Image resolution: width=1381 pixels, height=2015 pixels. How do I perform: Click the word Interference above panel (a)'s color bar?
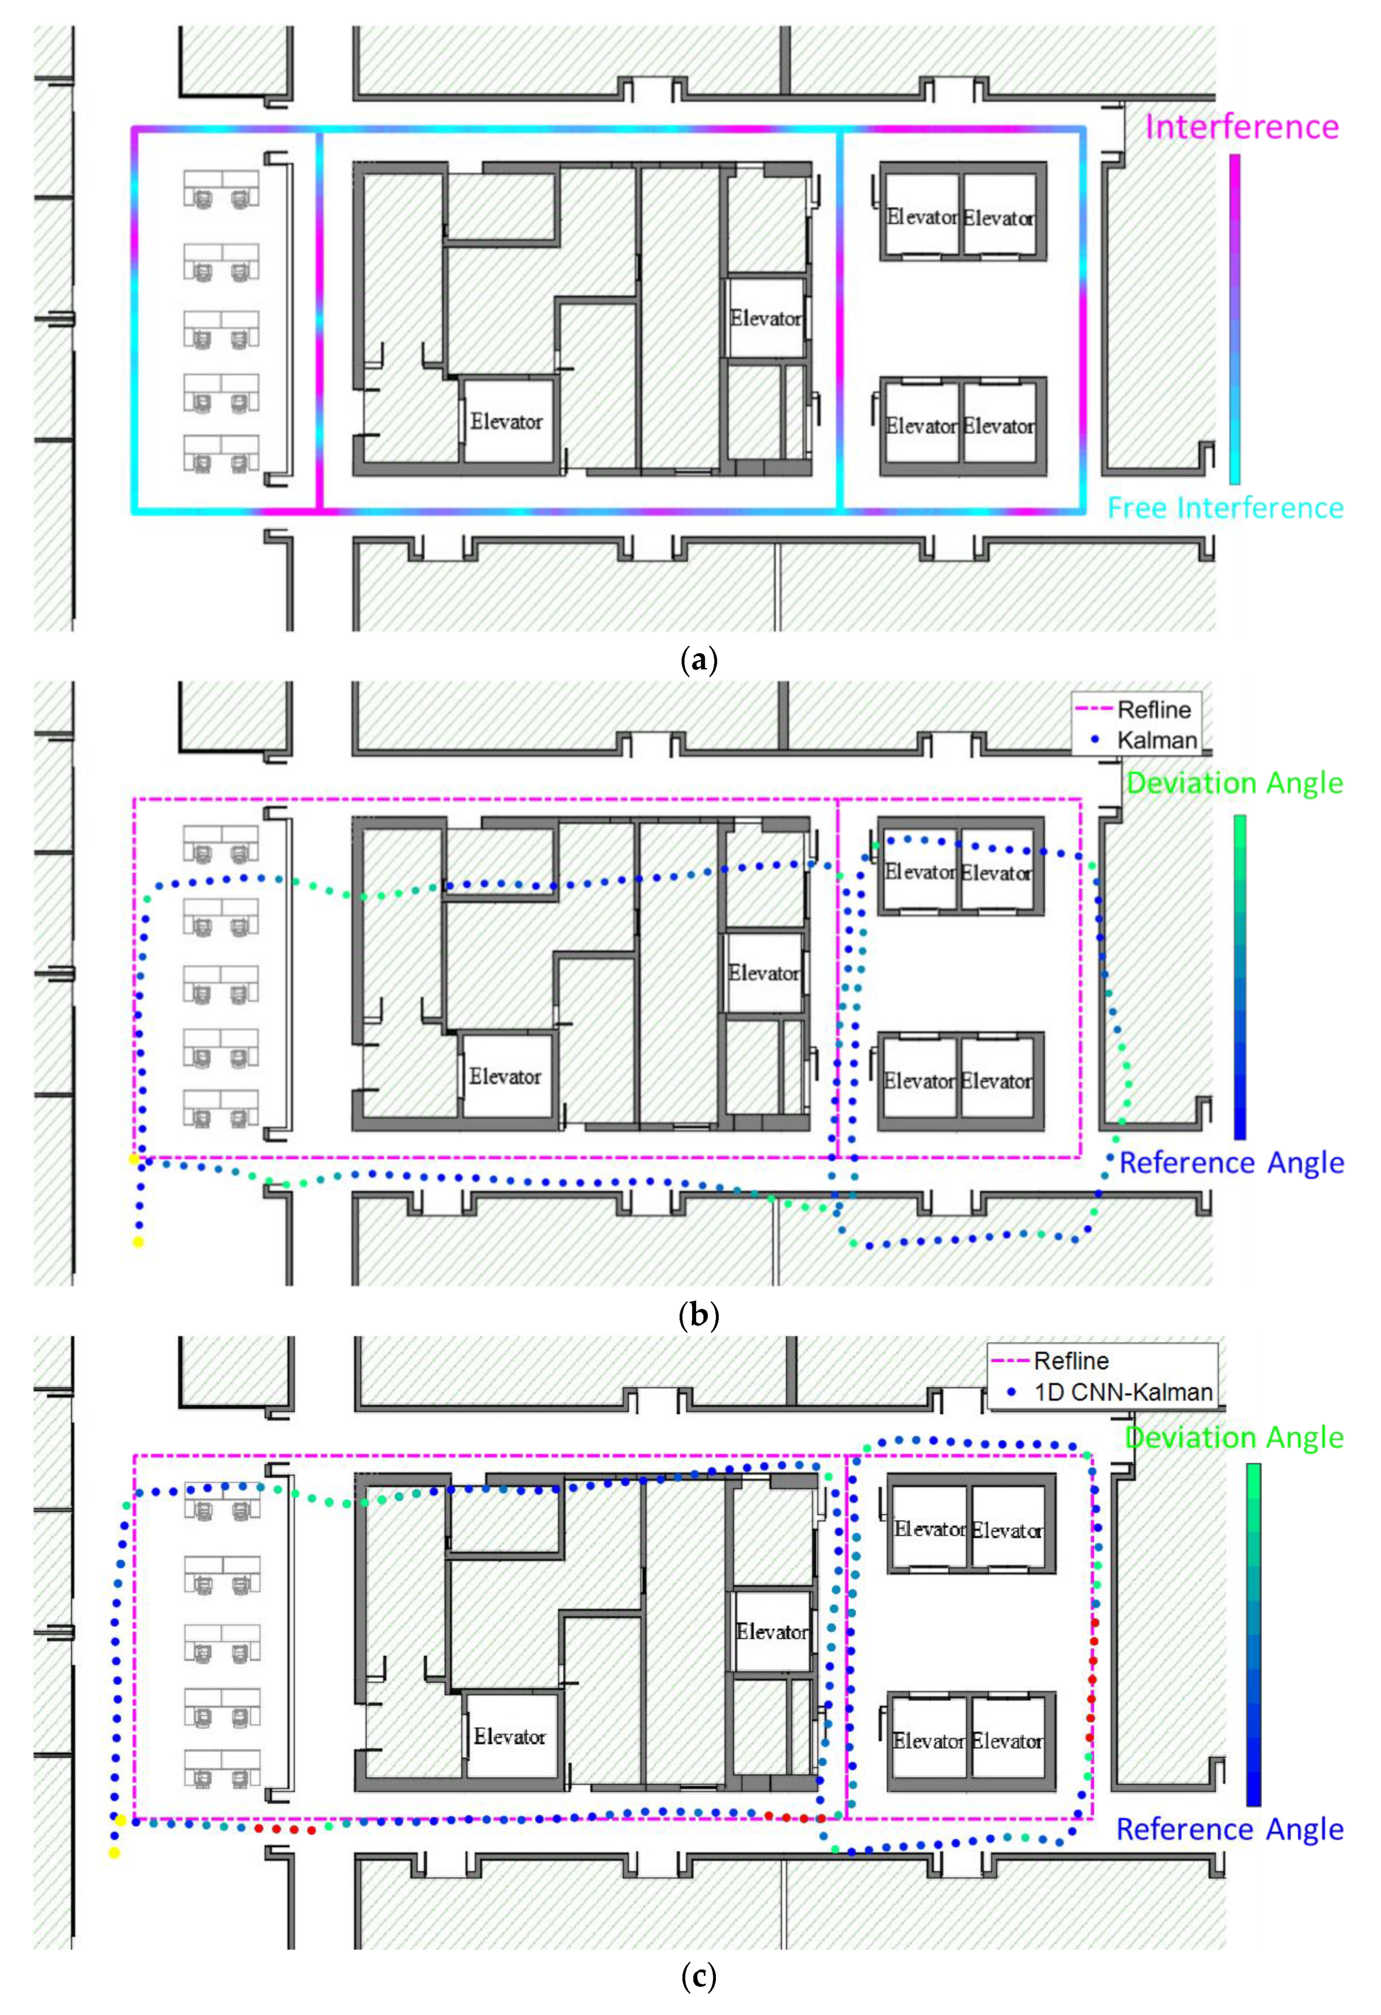click(x=1242, y=127)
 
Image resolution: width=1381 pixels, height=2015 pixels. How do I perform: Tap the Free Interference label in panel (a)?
click(x=1225, y=507)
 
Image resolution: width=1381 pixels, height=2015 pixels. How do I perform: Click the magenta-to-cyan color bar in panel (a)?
click(x=1235, y=319)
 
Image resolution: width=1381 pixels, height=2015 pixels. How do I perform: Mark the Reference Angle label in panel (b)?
click(x=1232, y=1162)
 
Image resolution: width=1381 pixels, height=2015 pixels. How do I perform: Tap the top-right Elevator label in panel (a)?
click(x=999, y=218)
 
